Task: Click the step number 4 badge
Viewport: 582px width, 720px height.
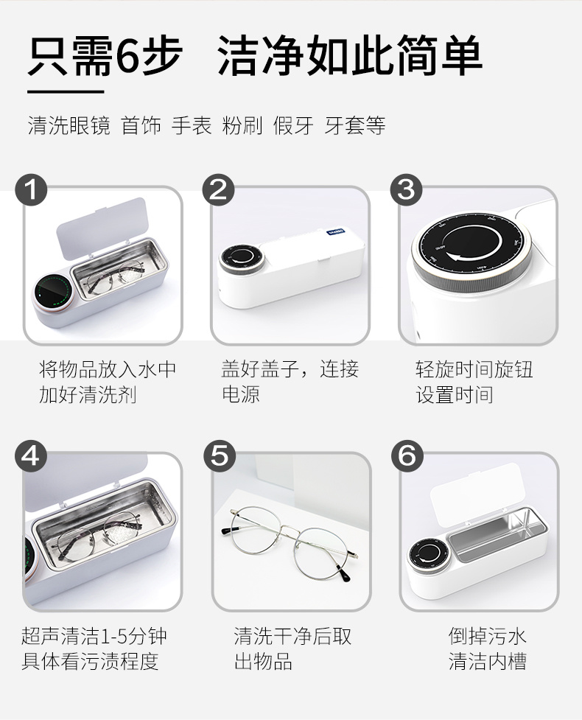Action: coord(31,455)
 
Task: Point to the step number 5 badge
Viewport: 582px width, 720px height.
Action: coord(219,455)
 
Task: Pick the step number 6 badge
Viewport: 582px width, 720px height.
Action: coord(406,455)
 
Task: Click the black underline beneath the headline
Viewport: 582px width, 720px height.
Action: coord(66,92)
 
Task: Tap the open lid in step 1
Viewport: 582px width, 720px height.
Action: coord(102,226)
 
